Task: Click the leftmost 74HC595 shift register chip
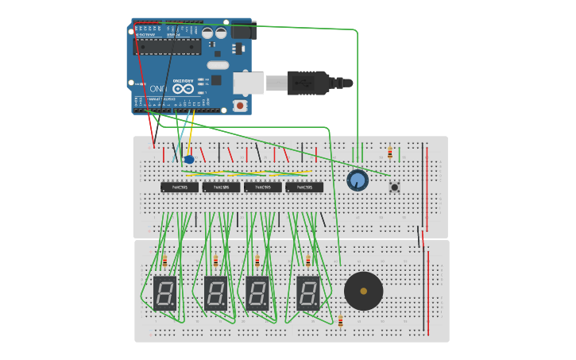180,188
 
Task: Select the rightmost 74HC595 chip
304,188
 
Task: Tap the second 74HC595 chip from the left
221,188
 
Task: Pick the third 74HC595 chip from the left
263,188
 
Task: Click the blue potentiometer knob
358,180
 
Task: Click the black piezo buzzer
364,291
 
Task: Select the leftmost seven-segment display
164,293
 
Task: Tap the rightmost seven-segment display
308,293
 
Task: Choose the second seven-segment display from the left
215,293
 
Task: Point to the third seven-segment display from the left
257,293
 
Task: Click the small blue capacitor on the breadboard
189,160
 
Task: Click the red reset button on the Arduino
240,105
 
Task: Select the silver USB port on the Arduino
249,82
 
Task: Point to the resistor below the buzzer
341,321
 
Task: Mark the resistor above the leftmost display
164,261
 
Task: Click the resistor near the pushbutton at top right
389,153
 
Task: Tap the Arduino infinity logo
184,89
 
